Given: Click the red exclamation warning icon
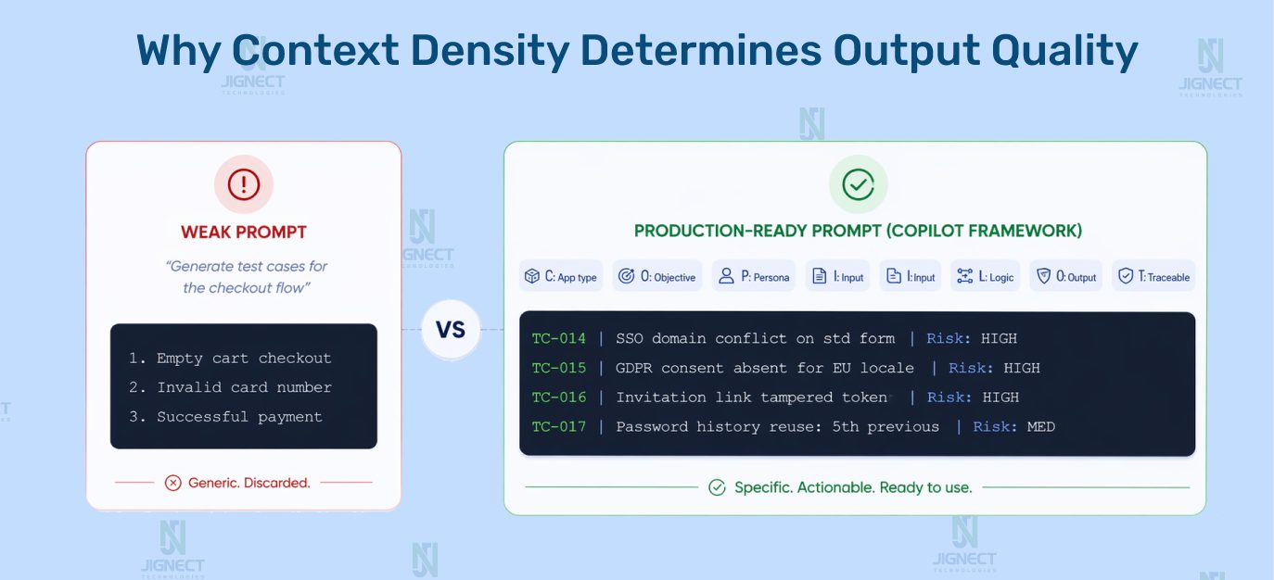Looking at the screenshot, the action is (x=244, y=184).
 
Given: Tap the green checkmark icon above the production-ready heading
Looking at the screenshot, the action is (x=858, y=184).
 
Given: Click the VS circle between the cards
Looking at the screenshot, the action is (x=451, y=330).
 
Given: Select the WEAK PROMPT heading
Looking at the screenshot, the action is (x=244, y=232).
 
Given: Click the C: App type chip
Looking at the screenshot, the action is (x=561, y=276).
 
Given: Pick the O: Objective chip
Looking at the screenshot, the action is (x=656, y=276).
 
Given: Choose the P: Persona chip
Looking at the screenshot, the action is (x=754, y=276).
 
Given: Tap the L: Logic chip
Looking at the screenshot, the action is (x=985, y=276).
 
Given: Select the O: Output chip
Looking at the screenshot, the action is (x=1065, y=276).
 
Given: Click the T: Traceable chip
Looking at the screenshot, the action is (x=1153, y=276).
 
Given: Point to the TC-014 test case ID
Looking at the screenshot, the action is (x=558, y=338).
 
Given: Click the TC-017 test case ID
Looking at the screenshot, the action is (x=558, y=426).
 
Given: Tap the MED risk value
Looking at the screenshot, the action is (x=1041, y=426).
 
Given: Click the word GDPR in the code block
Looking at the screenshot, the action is (x=633, y=368).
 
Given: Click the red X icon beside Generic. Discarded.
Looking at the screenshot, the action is (x=172, y=483).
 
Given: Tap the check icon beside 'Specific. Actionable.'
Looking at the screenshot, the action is (x=717, y=487).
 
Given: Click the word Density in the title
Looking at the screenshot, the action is (x=490, y=51).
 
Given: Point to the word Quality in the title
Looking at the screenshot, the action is (x=1064, y=51).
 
